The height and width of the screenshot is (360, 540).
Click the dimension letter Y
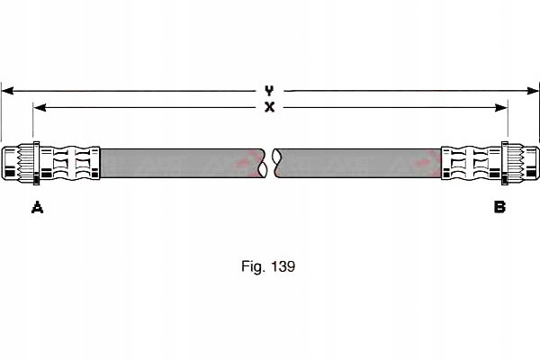pos(269,91)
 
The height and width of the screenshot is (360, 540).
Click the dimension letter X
pos(269,107)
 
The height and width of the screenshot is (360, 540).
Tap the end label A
pos(37,207)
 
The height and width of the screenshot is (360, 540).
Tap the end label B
pos(499,207)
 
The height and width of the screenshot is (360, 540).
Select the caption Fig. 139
pos(268,266)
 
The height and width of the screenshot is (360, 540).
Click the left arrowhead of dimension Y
pos(7,91)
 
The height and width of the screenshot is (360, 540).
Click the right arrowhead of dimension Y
pos(533,91)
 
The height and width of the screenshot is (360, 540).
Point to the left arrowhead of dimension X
pos(40,107)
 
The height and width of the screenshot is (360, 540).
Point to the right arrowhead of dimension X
pos(501,108)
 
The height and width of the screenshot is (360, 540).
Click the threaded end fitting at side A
pos(18,163)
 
